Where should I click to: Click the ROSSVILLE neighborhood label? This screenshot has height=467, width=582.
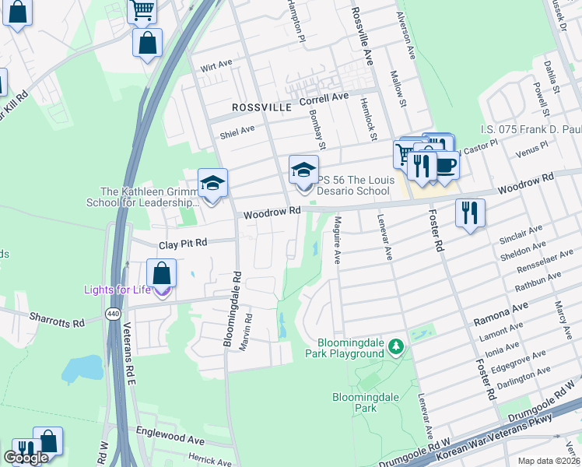click(261, 106)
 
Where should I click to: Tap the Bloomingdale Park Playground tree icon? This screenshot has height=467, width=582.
click(397, 345)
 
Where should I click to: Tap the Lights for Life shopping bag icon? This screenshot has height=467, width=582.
click(161, 275)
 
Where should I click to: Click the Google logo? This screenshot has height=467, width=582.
click(26, 458)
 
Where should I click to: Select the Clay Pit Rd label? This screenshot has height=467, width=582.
click(183, 244)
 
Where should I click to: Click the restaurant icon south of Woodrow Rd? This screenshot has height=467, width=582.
click(470, 212)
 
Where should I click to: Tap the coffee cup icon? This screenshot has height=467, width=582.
click(446, 164)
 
